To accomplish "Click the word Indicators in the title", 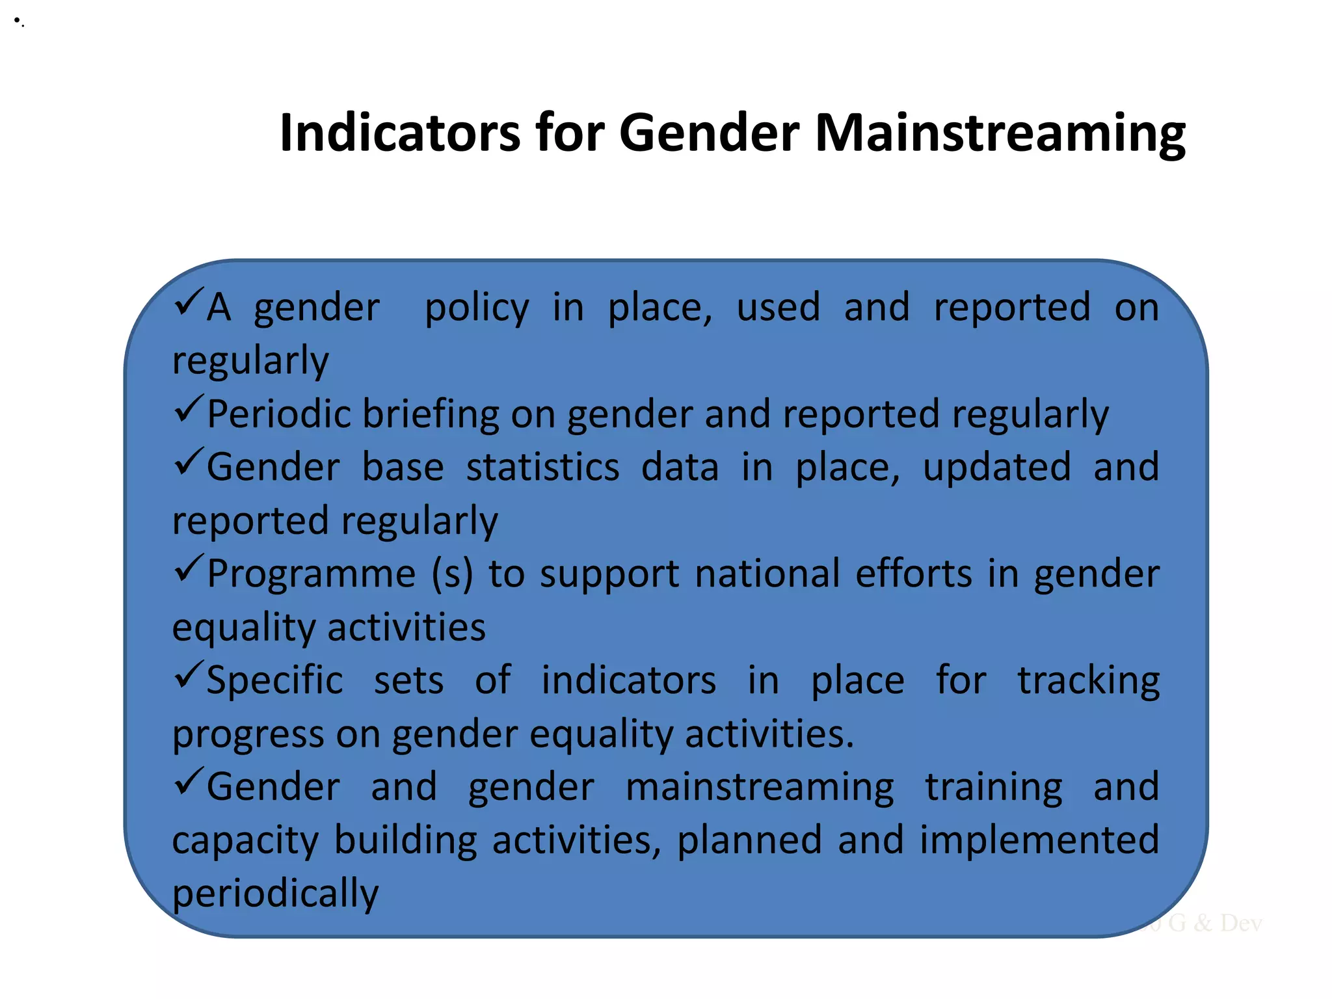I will tap(399, 133).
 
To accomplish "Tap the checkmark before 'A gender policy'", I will tap(189, 302).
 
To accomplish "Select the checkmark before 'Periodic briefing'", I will tap(189, 410).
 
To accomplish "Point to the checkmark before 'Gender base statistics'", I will tap(189, 462).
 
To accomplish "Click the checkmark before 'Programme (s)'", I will tap(189, 569).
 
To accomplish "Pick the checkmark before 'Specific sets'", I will tap(189, 676).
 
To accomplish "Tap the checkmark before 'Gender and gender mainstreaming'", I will tap(189, 782).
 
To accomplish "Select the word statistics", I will tap(542, 467).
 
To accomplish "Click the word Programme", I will tap(311, 574).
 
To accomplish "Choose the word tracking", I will tap(1088, 681).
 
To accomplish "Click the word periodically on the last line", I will tap(274, 893).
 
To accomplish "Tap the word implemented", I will tap(1039, 840).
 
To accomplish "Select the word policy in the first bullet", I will tap(477, 308).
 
